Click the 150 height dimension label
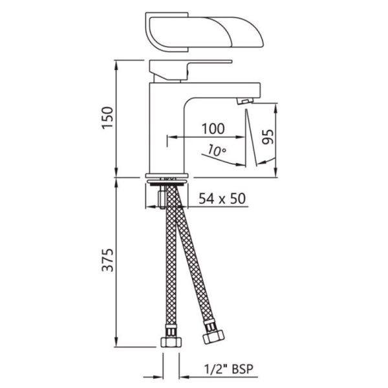(x=108, y=117)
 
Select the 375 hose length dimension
(x=108, y=260)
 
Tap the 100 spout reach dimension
(x=213, y=129)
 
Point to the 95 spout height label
(x=268, y=136)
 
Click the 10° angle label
(x=217, y=151)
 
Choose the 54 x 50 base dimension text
(x=222, y=199)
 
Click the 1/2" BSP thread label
(x=229, y=369)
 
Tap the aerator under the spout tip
(x=245, y=101)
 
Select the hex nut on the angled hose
(x=213, y=337)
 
